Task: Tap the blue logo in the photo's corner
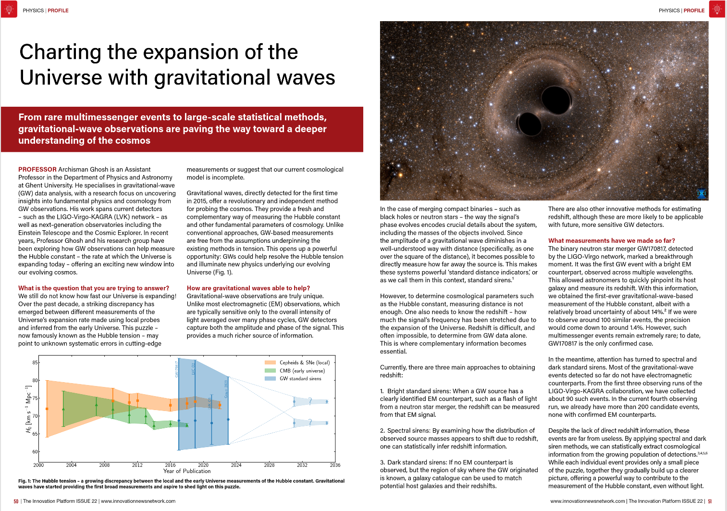(702, 194)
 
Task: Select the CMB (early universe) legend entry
(301, 371)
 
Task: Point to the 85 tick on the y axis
(35, 362)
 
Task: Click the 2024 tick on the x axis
(236, 465)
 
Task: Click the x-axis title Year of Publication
(187, 471)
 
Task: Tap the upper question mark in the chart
(310, 401)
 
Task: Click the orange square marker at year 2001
(47, 409)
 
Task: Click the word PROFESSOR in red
(37, 170)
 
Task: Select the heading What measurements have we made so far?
(611, 241)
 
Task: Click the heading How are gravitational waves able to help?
(248, 288)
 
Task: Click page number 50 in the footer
(16, 501)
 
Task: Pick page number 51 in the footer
(710, 501)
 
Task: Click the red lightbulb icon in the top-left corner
(9, 9)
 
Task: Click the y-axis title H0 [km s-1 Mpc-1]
(28, 409)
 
